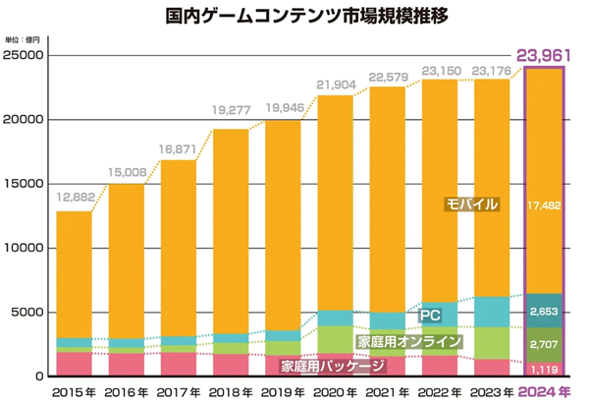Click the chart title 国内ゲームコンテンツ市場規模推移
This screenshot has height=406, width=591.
click(295, 18)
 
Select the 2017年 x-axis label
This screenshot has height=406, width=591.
click(179, 392)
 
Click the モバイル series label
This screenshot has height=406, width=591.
click(471, 204)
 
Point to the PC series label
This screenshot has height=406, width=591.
click(430, 317)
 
